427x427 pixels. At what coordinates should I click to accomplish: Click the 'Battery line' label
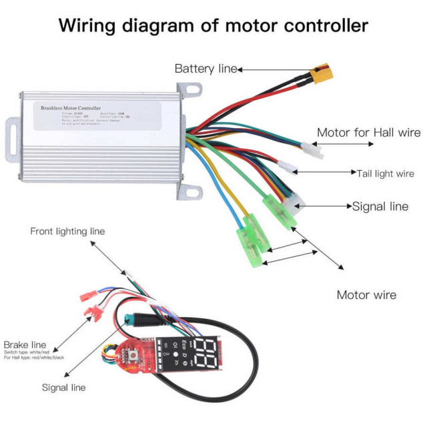coord(205,69)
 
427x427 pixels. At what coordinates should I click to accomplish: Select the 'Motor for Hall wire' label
coord(368,133)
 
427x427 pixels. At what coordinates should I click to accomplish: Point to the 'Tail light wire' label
coord(385,173)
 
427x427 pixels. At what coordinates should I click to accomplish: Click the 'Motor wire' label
coord(366,294)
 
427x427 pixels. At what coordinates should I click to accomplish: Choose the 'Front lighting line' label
coord(67,232)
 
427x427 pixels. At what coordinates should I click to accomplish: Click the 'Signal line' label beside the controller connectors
coord(380,206)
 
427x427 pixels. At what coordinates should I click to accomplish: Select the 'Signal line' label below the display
coord(64,387)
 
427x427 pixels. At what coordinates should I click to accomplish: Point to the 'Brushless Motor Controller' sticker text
coord(71,107)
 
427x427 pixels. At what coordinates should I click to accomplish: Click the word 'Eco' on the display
coord(185,348)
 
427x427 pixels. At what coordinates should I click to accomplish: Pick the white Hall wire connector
coord(312,151)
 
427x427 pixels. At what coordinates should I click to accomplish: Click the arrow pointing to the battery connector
coord(274,69)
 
